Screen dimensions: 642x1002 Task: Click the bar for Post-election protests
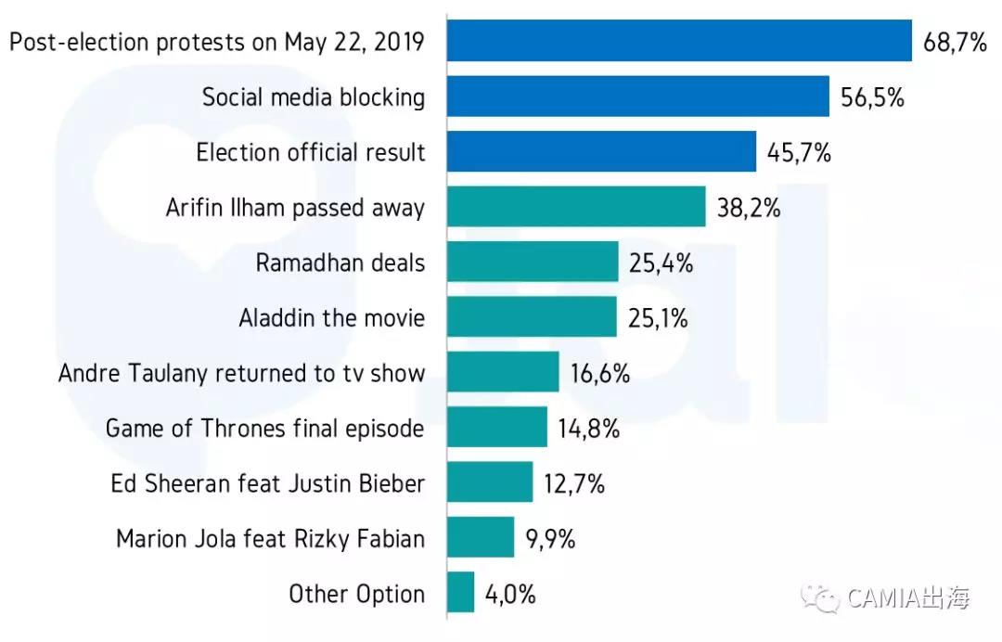(679, 41)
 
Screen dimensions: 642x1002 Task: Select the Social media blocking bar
(637, 96)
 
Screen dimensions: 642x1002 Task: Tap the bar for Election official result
(601, 152)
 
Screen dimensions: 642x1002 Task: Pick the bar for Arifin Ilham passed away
(576, 207)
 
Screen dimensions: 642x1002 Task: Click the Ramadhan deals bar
(533, 263)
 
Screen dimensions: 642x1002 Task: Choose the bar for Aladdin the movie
(532, 317)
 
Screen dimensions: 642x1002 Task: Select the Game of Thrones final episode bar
(497, 428)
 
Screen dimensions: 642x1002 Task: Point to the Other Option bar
(461, 593)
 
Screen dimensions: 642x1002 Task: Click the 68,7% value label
(955, 42)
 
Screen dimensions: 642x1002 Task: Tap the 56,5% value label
(872, 97)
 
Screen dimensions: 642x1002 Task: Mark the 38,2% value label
(748, 208)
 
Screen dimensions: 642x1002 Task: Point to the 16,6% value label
(600, 374)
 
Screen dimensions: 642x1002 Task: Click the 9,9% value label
(550, 539)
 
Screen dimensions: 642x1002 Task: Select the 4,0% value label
(510, 594)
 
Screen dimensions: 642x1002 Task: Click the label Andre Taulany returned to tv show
(241, 374)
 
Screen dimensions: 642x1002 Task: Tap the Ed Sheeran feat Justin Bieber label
(267, 483)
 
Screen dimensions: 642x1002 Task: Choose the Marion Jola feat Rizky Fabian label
(270, 539)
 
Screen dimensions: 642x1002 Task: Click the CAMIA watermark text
(907, 598)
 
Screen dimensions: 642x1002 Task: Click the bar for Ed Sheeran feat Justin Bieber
(490, 482)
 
